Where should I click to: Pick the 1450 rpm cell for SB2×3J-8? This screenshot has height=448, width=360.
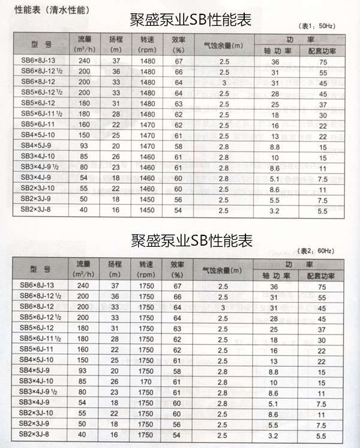147,211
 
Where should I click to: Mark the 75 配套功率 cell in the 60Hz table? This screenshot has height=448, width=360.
322,287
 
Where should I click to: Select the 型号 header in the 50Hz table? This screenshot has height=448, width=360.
41,46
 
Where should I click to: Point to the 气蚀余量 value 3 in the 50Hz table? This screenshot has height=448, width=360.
223,82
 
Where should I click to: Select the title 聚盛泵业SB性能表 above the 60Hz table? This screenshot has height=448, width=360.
191,241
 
